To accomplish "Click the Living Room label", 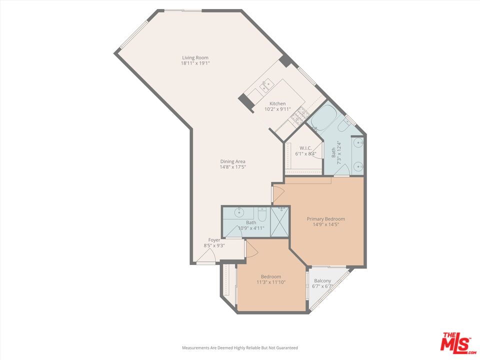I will (195, 57).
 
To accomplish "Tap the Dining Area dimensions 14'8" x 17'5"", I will (233, 167).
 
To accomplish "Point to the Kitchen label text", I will (277, 103).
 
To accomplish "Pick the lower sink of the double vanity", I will (358, 165).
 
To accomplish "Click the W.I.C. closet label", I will (305, 148).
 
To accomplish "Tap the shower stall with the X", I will (280, 220).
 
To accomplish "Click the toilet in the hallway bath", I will (262, 213).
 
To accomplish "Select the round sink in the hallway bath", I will (238, 213).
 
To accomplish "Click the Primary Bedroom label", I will (325, 219).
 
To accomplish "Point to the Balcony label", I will (322, 280).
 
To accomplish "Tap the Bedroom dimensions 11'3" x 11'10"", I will (270, 282).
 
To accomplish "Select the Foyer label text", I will (214, 240).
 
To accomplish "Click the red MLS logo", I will (455, 342).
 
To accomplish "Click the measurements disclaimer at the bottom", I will (239, 347).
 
